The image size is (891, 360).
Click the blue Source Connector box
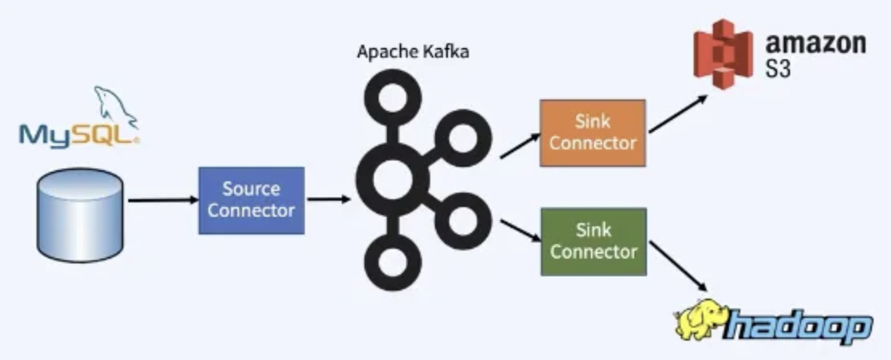coord(251,200)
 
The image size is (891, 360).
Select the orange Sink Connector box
coord(592,133)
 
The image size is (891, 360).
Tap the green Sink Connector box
coord(593,242)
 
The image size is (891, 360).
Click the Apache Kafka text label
coord(413,52)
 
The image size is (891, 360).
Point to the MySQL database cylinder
coord(80,215)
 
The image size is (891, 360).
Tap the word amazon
coord(815,43)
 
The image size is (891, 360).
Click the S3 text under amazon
coord(778,69)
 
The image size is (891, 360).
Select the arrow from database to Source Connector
coord(162,200)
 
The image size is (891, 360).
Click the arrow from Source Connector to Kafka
coord(328,199)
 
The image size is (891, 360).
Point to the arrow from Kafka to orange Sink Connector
coord(519,146)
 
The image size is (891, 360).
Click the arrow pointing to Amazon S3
coord(678,114)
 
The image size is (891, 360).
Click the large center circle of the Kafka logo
coord(392,179)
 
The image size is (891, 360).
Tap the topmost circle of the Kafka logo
coord(392,97)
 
